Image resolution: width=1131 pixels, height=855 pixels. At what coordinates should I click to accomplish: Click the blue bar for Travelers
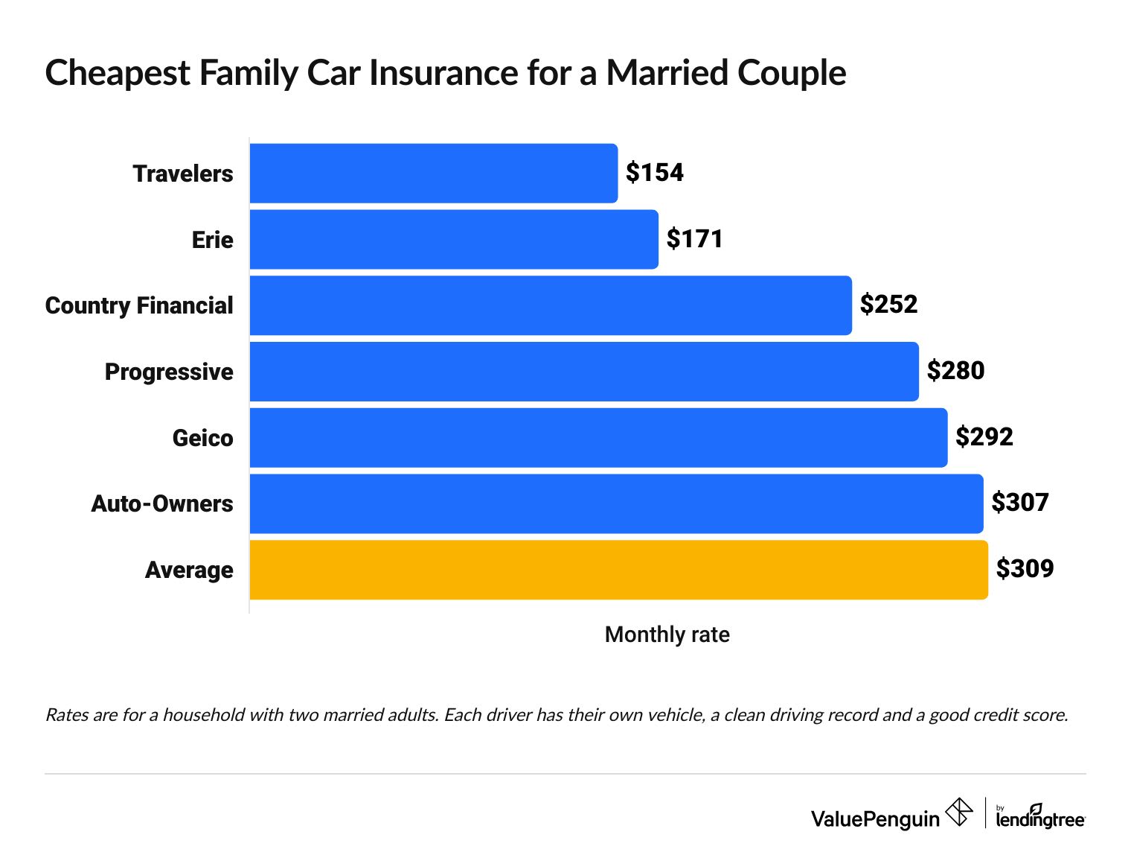coord(433,173)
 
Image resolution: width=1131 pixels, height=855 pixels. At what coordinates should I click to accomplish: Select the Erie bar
coord(454,239)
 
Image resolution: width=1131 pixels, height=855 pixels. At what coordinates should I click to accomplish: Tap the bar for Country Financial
coord(551,305)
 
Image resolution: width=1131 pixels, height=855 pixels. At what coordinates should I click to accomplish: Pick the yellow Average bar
coord(618,570)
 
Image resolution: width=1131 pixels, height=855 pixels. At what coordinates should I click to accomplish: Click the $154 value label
coord(654,173)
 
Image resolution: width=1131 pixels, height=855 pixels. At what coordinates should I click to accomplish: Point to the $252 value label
coord(888,305)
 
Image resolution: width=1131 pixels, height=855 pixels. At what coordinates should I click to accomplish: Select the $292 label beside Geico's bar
coord(984,436)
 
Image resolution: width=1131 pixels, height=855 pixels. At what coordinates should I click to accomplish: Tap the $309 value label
coord(1025,569)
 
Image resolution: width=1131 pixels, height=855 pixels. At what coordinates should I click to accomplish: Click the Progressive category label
coord(169,372)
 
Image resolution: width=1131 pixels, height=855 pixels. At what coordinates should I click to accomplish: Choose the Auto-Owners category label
coord(162,504)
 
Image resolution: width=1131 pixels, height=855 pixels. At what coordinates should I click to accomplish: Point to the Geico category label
coord(202,438)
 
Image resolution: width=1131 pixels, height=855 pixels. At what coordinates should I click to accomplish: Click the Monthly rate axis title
coord(667,635)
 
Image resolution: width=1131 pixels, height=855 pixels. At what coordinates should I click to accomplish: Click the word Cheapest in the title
coord(118,73)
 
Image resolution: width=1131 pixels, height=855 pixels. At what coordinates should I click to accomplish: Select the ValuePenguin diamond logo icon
coord(958,812)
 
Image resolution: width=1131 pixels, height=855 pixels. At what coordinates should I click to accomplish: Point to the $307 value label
coord(1019,503)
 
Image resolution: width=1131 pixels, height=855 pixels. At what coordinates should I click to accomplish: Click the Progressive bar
coord(584,372)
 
